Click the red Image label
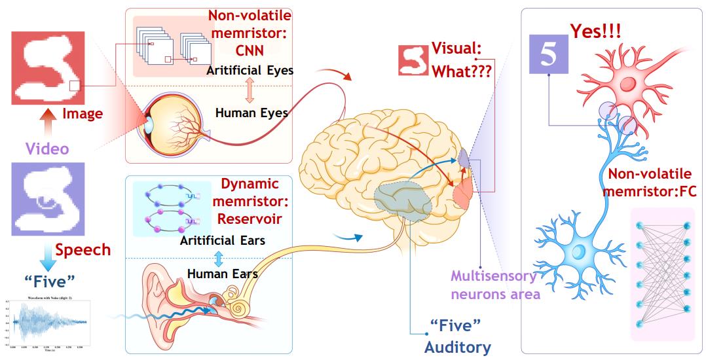tap(83, 114)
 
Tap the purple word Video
tap(46, 149)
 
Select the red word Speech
tap(83, 249)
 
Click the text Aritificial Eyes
tap(250, 69)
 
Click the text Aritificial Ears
tap(222, 240)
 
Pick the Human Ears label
tap(222, 273)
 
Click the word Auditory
tap(457, 346)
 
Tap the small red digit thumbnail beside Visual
tap(413, 58)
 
